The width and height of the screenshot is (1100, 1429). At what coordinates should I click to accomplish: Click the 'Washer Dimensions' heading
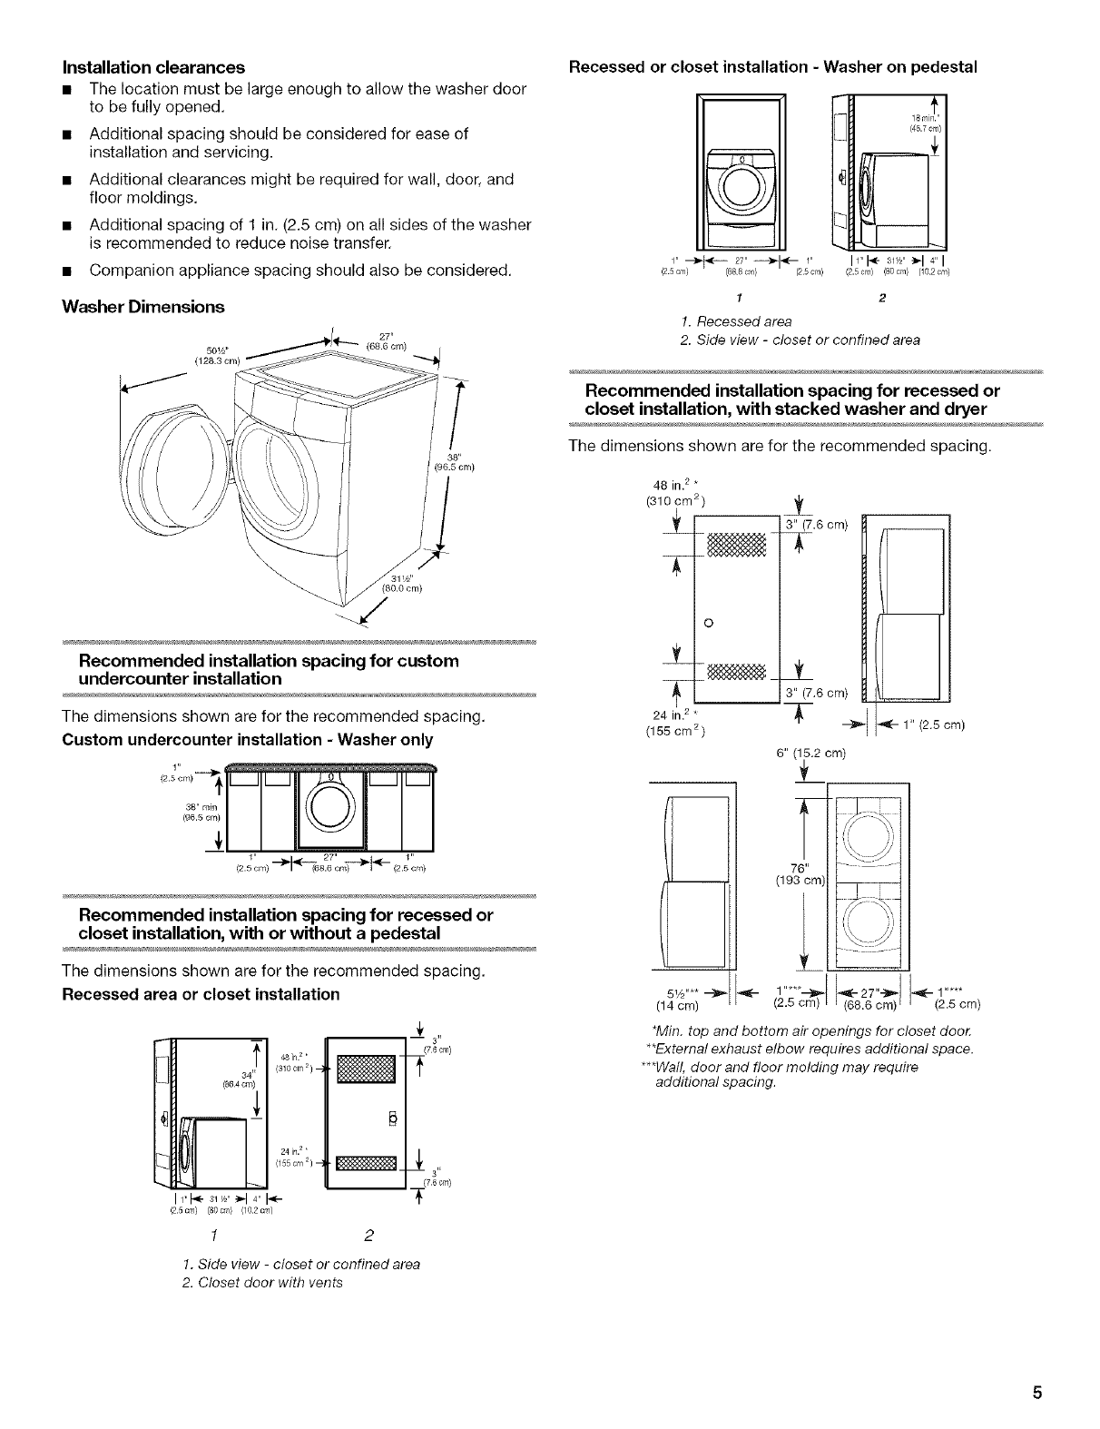point(142,307)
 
